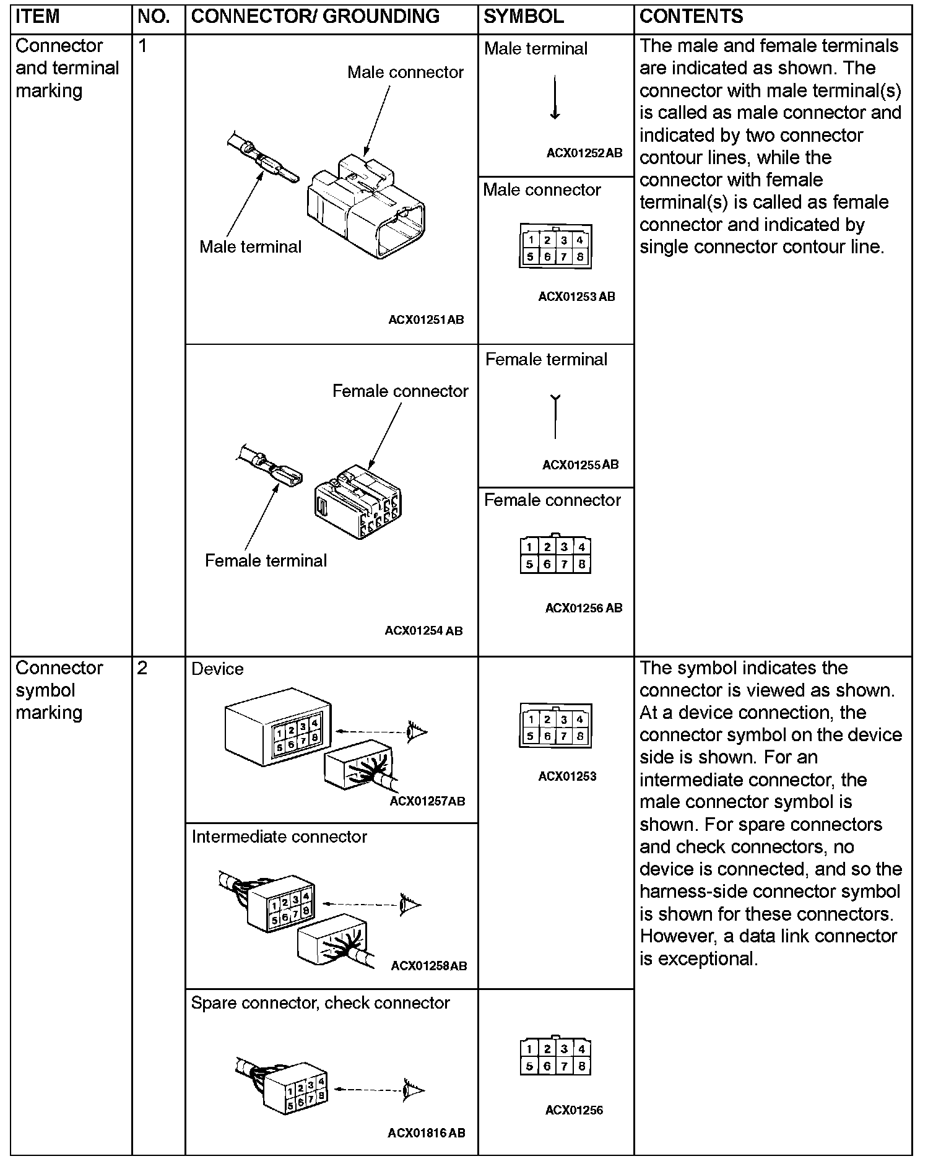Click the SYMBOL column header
523,17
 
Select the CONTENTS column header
691,17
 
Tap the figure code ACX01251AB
426,320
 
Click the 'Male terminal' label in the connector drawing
250,247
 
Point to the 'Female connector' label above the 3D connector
400,391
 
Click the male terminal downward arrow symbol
555,98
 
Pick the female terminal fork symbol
555,417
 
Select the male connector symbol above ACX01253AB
555,247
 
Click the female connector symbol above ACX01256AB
555,555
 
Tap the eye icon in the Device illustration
417,731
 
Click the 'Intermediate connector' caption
279,837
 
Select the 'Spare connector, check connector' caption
320,1003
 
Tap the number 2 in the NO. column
142,669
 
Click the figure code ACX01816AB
426,1133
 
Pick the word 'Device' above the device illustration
217,669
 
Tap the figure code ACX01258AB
428,966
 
